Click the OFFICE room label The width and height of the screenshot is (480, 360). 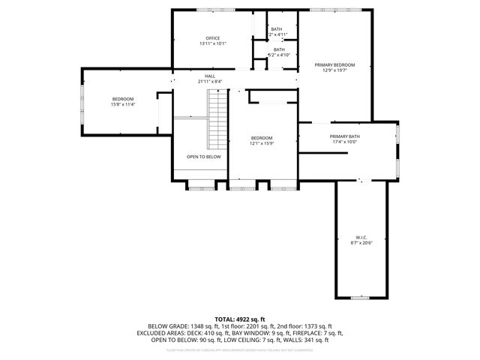point(213,38)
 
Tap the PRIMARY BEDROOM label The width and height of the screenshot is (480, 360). point(334,65)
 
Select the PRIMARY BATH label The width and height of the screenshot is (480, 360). point(344,136)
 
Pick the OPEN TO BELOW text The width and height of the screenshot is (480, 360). point(204,157)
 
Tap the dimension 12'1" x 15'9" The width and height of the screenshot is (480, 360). point(262,143)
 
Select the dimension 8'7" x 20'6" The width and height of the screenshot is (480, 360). point(361,243)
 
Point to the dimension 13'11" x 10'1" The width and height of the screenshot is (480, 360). point(213,44)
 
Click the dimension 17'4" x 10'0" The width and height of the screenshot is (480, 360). point(344,142)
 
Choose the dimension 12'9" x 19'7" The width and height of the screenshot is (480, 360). point(334,71)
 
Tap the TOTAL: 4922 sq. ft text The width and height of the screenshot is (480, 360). point(240,319)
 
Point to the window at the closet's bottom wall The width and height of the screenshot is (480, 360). point(361,298)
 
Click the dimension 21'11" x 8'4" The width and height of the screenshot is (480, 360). point(210,82)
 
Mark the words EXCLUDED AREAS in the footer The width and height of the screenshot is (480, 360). point(160,333)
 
